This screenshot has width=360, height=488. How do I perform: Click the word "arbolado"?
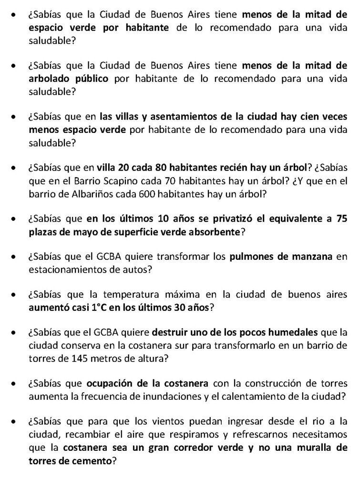(x=48, y=79)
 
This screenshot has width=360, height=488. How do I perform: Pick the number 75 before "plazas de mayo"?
(x=340, y=220)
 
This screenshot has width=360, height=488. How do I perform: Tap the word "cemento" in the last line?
(x=89, y=460)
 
